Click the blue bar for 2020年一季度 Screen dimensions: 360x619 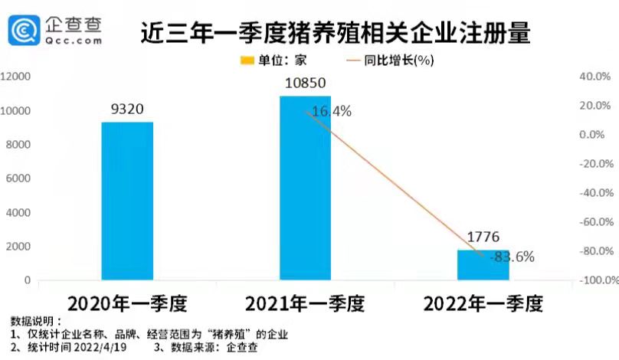[x=127, y=201]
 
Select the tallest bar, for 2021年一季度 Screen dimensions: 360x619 [x=305, y=188]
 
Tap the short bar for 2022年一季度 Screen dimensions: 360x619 [x=483, y=264]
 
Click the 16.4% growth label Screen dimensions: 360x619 [x=331, y=111]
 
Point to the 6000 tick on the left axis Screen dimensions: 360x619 [x=18, y=178]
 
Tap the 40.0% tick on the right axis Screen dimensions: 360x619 [x=593, y=77]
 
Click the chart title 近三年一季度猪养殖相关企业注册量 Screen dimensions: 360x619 [x=336, y=34]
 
